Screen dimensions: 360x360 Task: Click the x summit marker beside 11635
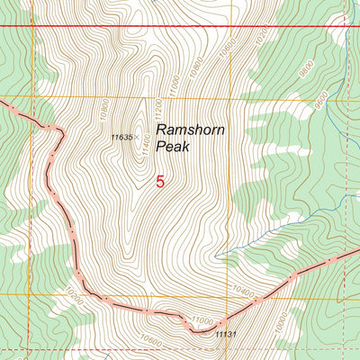coord(137,137)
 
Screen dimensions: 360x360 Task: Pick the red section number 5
coord(160,181)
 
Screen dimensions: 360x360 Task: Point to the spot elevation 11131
coord(226,334)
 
